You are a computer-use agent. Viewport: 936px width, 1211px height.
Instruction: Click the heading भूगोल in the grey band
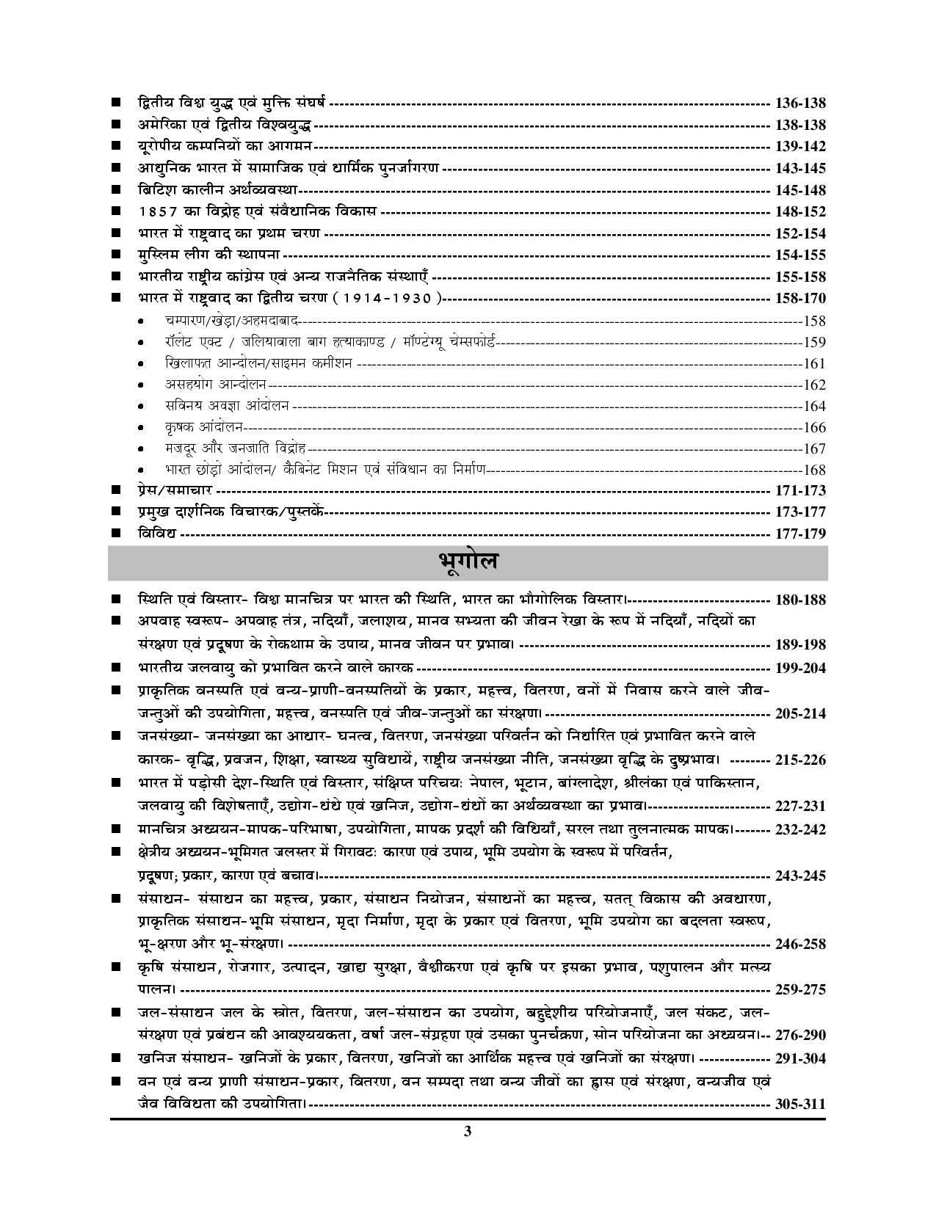coord(468,562)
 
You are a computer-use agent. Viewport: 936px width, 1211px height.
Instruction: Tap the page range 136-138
coord(800,103)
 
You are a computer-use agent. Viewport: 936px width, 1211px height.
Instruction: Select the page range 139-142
coord(800,147)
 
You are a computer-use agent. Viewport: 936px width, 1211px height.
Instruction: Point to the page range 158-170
coord(800,299)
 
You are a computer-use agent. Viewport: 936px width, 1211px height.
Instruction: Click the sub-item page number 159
coord(815,342)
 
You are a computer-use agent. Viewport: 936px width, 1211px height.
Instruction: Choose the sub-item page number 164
coord(815,406)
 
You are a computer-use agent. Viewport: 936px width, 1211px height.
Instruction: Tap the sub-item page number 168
coord(815,470)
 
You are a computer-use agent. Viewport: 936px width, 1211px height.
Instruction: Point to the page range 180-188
coord(800,600)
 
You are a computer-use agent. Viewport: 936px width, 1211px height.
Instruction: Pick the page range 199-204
coord(800,669)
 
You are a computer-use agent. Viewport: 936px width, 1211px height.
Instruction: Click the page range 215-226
coord(800,760)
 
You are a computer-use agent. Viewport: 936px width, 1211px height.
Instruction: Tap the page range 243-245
coord(800,876)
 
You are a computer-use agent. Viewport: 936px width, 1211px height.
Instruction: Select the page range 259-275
coord(800,989)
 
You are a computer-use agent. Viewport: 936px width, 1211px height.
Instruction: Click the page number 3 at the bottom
coord(468,1131)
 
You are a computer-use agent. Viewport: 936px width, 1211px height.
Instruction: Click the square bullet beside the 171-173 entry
coord(115,491)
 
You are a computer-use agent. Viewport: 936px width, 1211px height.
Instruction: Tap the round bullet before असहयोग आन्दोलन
coord(142,385)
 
